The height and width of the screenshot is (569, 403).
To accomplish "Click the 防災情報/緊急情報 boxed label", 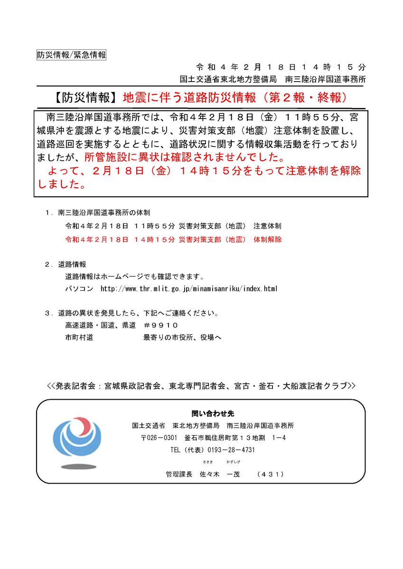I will [71, 55].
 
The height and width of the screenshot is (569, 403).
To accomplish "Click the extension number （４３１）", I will [269, 474].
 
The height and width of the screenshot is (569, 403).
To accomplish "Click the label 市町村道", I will [79, 337].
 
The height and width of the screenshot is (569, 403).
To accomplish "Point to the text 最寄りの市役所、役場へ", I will [182, 337].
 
